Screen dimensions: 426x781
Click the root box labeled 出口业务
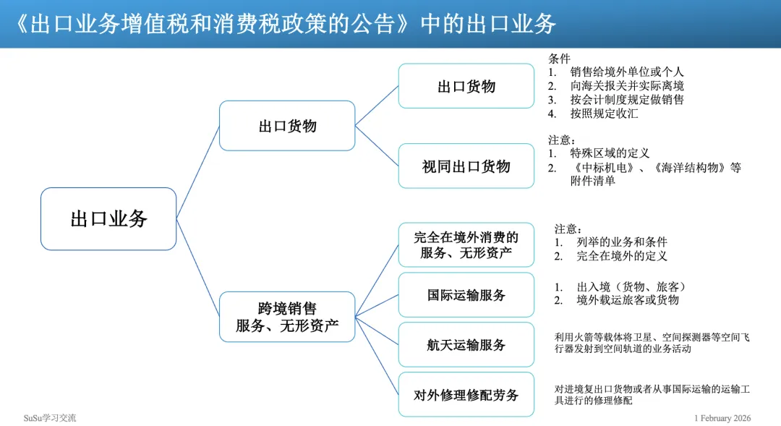[x=108, y=219]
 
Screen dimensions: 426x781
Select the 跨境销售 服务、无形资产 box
[x=287, y=317]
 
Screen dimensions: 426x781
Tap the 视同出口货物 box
[x=466, y=166]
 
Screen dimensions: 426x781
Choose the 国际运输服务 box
[x=466, y=295]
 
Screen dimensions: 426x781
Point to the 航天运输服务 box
[x=466, y=345]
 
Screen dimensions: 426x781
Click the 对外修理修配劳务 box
[x=466, y=395]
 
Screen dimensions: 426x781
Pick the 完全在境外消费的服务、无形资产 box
[x=466, y=244]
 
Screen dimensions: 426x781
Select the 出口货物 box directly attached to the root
[x=287, y=126]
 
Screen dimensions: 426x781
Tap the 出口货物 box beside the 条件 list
[x=466, y=87]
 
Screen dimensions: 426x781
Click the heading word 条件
[x=559, y=59]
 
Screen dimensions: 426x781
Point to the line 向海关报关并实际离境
[x=626, y=86]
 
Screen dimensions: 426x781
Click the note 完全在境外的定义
[x=622, y=256]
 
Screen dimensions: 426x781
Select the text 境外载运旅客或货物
[x=628, y=300]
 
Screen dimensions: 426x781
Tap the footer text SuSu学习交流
[x=50, y=418]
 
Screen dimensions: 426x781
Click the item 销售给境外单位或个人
[x=626, y=72]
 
